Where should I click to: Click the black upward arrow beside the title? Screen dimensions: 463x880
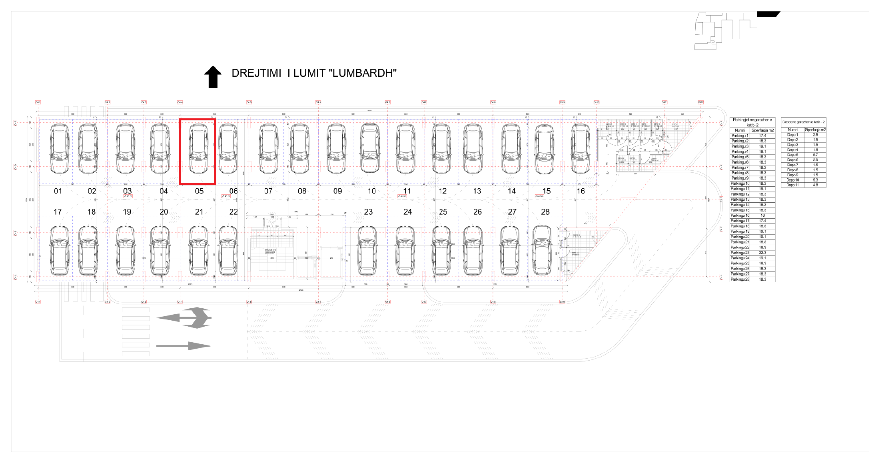coord(213,77)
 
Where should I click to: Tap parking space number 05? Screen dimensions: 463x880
coord(199,191)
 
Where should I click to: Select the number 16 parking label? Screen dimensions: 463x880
coord(581,191)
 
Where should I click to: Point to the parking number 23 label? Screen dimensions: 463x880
coord(368,212)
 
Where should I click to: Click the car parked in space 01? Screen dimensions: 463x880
coord(59,149)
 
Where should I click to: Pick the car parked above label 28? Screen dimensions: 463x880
coord(542,251)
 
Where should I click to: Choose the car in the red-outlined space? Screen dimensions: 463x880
coord(198,149)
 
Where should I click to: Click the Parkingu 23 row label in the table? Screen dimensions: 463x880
coord(740,253)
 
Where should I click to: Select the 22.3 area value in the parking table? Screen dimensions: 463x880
coord(762,253)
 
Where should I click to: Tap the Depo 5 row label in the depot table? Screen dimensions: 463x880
coord(792,155)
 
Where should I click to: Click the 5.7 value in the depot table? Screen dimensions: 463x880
coord(815,155)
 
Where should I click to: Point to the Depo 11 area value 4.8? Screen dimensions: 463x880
coord(815,185)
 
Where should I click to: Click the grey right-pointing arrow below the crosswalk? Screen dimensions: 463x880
coord(184,346)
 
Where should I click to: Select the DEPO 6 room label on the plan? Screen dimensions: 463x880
coord(674,125)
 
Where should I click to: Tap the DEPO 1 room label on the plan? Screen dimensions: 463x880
coord(609,124)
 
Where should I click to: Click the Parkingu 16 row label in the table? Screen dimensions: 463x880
coord(740,216)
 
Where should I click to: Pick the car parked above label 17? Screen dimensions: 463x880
coord(59,251)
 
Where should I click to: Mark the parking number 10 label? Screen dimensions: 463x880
coord(372,191)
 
